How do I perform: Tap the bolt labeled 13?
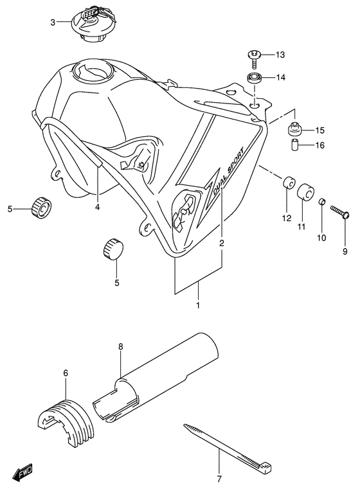click(254, 57)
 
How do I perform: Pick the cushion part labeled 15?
click(295, 129)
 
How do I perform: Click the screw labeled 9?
click(339, 213)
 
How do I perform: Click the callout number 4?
click(98, 207)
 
